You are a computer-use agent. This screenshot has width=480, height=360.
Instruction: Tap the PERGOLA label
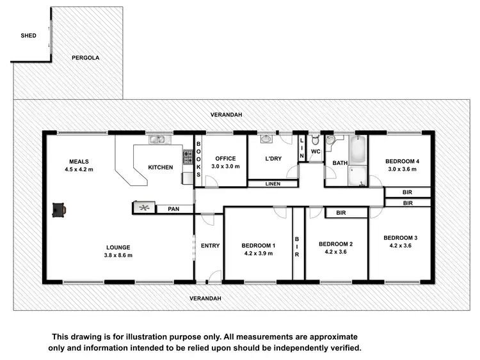(x=85, y=58)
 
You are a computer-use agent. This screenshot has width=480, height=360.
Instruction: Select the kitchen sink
(x=157, y=139)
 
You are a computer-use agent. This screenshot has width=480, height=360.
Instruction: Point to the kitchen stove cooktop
(x=189, y=155)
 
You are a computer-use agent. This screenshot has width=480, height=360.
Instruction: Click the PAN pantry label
(x=173, y=208)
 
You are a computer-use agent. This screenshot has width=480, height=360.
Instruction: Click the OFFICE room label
(x=226, y=159)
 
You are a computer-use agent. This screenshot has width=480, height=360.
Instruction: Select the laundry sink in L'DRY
(x=267, y=138)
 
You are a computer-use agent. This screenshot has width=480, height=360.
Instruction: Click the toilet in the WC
(x=315, y=140)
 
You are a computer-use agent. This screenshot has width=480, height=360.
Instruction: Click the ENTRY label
(x=210, y=246)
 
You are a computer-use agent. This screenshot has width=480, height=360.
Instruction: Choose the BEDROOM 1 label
(x=258, y=246)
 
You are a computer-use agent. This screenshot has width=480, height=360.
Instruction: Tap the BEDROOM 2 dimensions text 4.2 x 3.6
(x=336, y=252)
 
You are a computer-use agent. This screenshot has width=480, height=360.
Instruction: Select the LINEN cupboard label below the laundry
(x=272, y=184)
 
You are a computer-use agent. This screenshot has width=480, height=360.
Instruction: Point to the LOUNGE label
(x=119, y=247)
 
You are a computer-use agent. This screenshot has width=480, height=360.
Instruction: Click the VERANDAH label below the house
(x=205, y=299)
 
